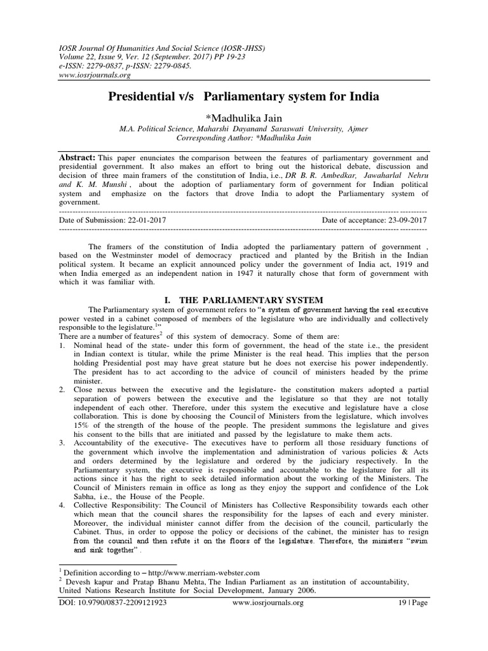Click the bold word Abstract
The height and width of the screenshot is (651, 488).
77,156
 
